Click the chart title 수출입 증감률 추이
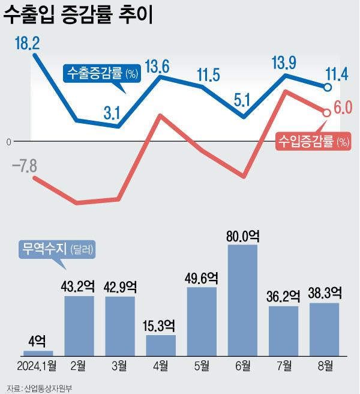point(79,16)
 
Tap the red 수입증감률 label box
point(313,142)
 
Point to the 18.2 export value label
point(28,43)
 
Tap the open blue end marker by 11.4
point(328,88)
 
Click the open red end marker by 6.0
point(327,112)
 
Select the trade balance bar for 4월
point(161,345)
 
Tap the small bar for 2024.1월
point(38,353)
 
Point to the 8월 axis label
point(325,365)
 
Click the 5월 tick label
point(202,365)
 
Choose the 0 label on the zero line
point(8,142)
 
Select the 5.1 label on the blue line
point(242,100)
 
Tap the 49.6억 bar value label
point(202,278)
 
